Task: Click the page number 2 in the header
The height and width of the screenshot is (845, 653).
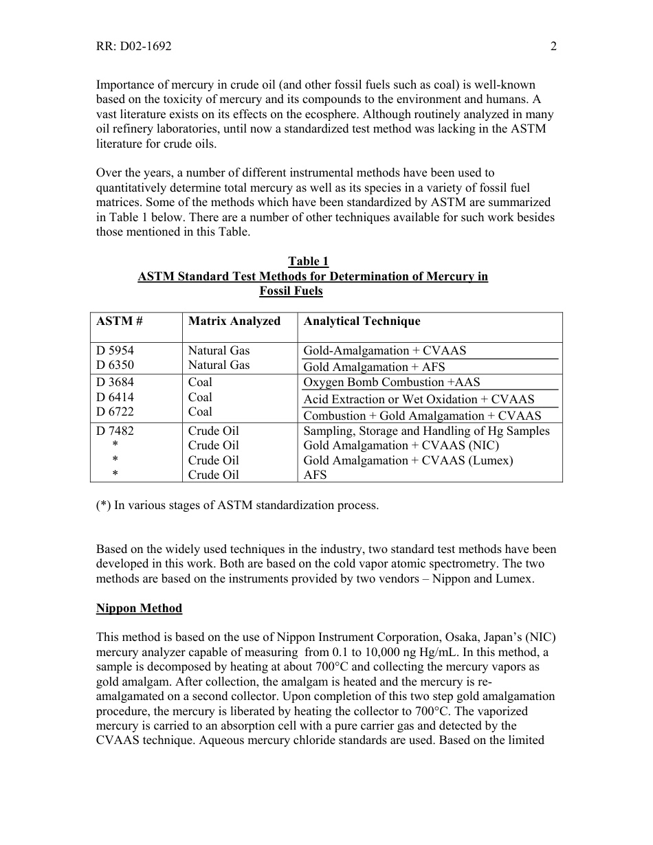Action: (553, 47)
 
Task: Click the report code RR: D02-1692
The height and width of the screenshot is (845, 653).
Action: (133, 47)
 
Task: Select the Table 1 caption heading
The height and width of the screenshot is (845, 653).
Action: (308, 261)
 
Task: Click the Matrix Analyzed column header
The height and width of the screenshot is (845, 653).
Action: (234, 321)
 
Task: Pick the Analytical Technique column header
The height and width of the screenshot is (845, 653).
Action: (362, 321)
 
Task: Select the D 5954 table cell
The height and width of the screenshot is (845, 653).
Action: (115, 350)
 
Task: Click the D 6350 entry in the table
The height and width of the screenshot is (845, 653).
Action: (115, 365)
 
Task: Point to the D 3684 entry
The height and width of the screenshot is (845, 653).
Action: (115, 382)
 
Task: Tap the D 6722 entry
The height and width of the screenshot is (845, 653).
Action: (115, 412)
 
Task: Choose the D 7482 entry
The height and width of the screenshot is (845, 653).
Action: (115, 431)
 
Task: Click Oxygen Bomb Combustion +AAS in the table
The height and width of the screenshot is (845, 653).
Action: (392, 382)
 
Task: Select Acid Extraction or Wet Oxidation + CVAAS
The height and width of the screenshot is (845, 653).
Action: (419, 399)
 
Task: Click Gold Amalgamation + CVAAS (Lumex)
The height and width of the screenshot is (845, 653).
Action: (408, 460)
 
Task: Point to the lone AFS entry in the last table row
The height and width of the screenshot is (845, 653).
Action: (315, 475)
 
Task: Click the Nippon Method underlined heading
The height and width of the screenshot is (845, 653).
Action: (139, 609)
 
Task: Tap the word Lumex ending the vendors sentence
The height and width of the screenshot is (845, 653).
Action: (516, 578)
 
